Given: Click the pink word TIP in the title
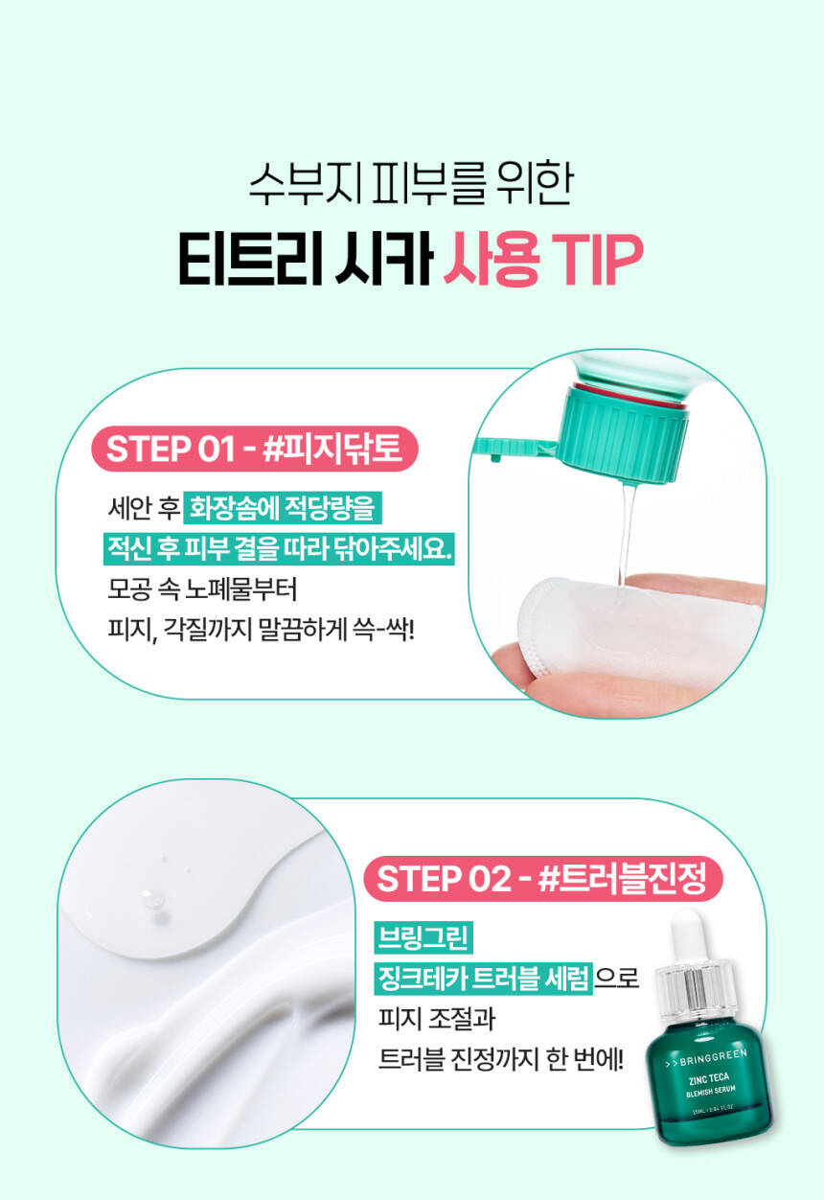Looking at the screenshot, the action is click(x=597, y=260).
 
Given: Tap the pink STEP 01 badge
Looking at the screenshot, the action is click(x=254, y=449).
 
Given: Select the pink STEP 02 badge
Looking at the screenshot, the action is click(x=543, y=879).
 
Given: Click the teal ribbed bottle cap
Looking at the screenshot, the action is click(x=622, y=433).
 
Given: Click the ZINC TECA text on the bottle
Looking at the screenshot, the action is click(x=709, y=1079).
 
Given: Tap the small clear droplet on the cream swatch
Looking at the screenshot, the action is click(x=152, y=899).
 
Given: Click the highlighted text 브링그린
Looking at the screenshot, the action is click(x=423, y=938).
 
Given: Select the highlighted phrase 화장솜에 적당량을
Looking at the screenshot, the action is click(x=282, y=508).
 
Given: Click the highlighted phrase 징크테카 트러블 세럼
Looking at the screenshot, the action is click(x=484, y=979).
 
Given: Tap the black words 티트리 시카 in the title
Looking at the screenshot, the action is click(x=306, y=260).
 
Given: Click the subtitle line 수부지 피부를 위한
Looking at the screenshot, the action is click(x=411, y=183).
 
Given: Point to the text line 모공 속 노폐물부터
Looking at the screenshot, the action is click(x=202, y=589).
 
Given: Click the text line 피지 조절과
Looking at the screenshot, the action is click(x=437, y=1019).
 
